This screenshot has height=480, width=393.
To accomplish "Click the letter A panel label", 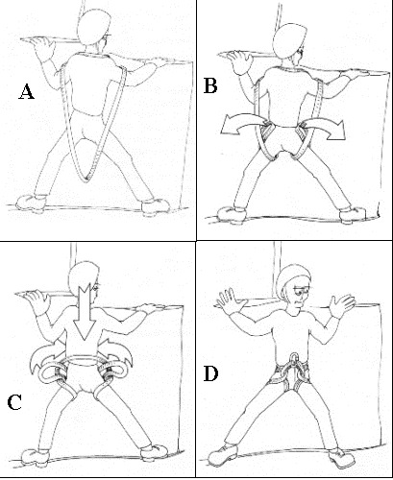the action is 26,92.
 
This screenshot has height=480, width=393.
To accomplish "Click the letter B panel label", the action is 210,86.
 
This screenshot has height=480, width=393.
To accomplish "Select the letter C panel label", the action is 14,402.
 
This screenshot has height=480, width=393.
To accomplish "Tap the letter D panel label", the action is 210,373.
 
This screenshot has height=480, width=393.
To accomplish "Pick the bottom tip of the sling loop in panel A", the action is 86,181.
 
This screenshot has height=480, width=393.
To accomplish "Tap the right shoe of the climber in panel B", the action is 353,214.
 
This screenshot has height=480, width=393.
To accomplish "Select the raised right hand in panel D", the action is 342,304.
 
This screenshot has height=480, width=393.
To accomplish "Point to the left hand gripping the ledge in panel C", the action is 38,300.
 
